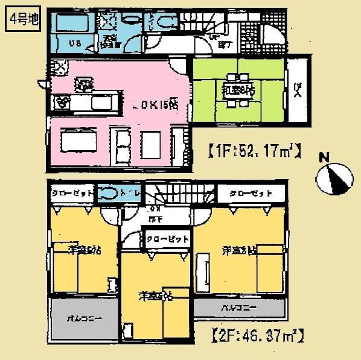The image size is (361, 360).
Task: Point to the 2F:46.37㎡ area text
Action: coord(257,333)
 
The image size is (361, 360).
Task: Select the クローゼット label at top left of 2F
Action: coord(72,194)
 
